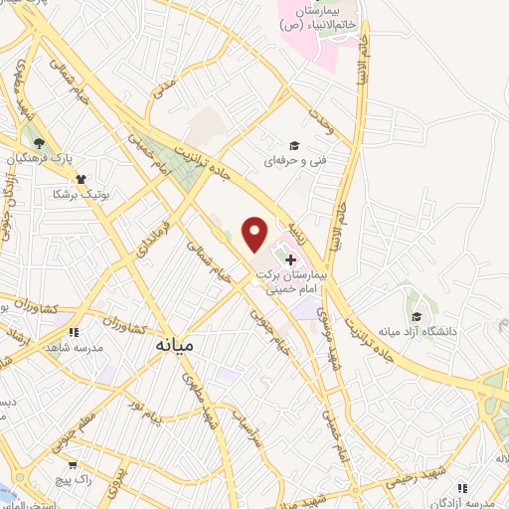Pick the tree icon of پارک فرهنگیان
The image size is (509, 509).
click(38, 145)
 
